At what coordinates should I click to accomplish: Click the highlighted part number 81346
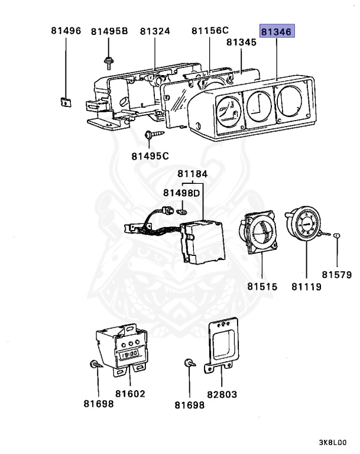pyautogui.click(x=277, y=31)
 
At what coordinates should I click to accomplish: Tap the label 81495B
pyautogui.click(x=109, y=31)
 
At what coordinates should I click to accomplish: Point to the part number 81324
pyautogui.click(x=155, y=31)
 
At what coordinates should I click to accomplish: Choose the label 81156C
pyautogui.click(x=210, y=31)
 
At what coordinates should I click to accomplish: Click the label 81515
pyautogui.click(x=262, y=287)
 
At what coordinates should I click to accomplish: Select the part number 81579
pyautogui.click(x=337, y=274)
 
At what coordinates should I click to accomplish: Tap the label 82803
pyautogui.click(x=220, y=393)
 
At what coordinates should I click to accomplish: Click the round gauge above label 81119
pyautogui.click(x=306, y=228)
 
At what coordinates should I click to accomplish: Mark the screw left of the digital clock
pyautogui.click(x=95, y=365)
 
